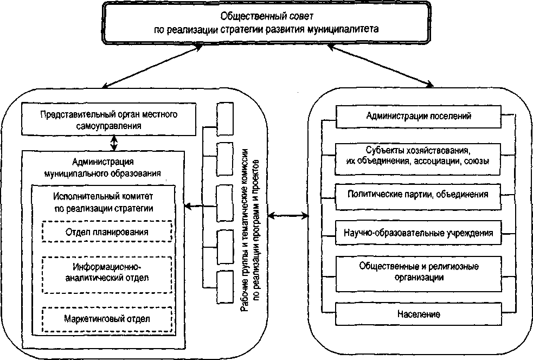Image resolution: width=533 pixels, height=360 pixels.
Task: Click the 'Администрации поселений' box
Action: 418,115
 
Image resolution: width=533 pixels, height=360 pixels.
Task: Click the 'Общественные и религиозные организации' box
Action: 418,272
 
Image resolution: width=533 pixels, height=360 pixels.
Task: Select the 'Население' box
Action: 418,314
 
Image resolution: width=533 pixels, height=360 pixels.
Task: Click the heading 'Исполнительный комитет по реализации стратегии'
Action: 103,202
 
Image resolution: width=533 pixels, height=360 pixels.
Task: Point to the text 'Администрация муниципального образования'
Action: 103,168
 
